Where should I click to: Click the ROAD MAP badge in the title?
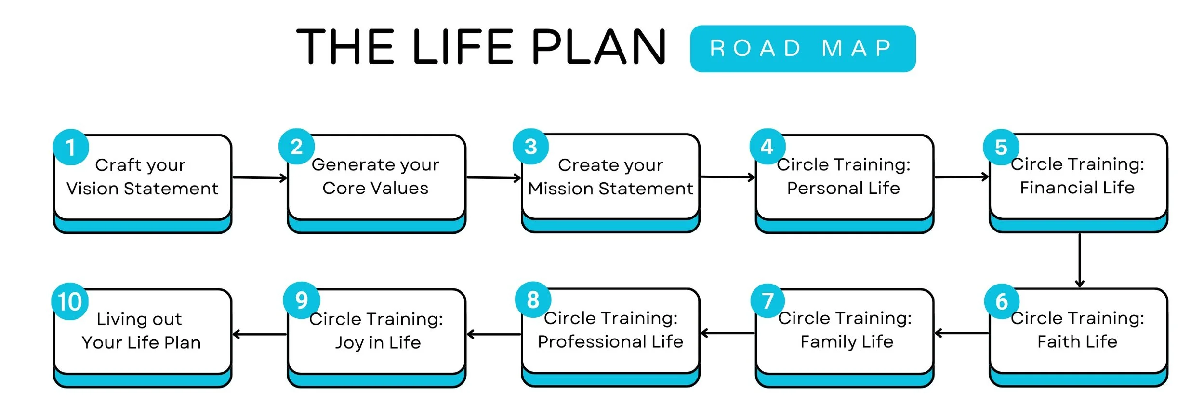pos(802,49)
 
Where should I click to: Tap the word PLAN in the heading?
pos(598,47)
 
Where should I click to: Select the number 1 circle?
pos(71,148)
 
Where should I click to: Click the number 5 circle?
pos(1001,147)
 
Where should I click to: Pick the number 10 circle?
pos(70,301)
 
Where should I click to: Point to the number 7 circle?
pos(767,300)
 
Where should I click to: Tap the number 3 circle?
pos(530,147)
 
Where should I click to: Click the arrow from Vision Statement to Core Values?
pos(259,178)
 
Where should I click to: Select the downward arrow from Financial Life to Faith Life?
pos(1079,260)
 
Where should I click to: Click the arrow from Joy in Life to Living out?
pos(259,334)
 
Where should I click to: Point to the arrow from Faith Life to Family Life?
pos(961,333)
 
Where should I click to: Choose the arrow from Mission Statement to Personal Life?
pos(728,177)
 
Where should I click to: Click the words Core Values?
pos(375,188)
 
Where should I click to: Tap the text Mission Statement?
pos(610,189)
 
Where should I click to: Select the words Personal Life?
pos(843,188)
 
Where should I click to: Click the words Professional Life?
pos(610,342)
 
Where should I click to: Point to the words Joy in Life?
pos(378,343)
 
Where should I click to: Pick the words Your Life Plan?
pos(141,343)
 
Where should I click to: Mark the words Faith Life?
pos(1077,342)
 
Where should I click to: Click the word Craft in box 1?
pos(118,165)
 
